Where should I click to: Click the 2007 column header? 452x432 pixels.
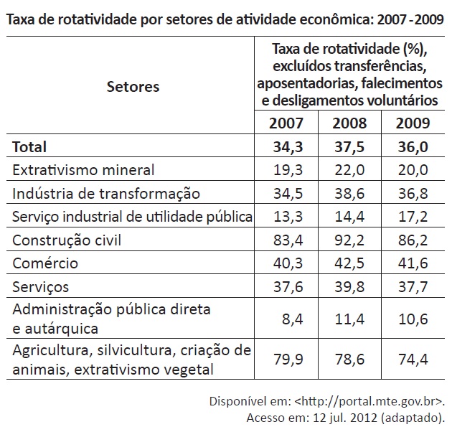point(286,123)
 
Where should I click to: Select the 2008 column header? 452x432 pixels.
point(349,123)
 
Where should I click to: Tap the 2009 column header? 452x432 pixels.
point(413,123)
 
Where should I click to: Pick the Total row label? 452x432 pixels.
point(29,147)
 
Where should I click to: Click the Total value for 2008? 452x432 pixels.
point(349,147)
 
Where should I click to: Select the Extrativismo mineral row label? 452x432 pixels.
point(83,170)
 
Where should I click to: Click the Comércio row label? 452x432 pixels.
point(44,263)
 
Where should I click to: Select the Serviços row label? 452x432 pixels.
point(41,287)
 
